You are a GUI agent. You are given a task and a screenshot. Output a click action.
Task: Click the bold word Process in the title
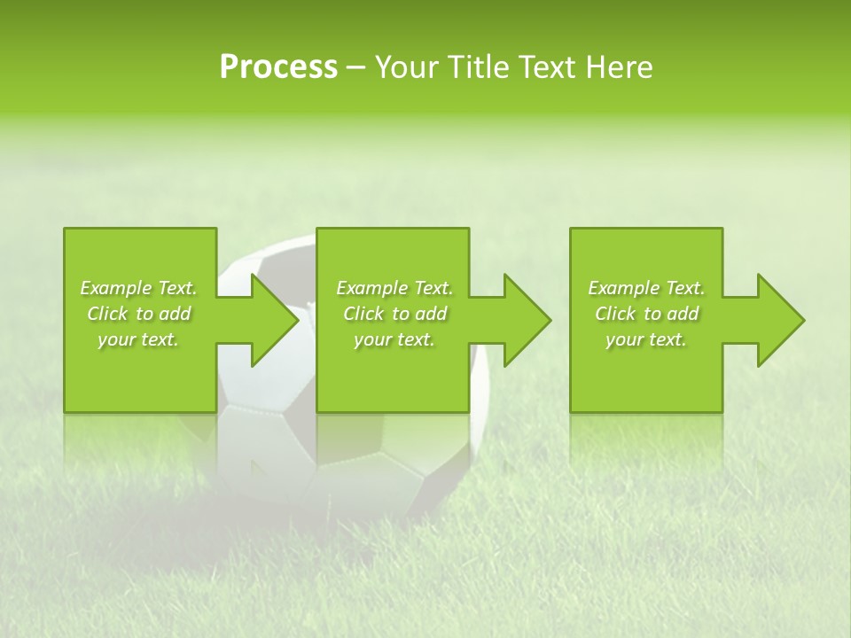(x=278, y=67)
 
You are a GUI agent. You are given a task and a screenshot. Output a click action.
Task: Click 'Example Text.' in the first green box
(x=139, y=288)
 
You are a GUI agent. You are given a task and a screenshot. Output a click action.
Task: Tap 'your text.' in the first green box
(x=139, y=339)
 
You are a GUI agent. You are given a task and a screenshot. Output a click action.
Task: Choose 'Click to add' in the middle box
(x=395, y=314)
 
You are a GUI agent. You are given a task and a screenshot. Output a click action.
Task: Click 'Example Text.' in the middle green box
(x=395, y=288)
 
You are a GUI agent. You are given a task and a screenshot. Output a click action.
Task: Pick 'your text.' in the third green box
(x=646, y=339)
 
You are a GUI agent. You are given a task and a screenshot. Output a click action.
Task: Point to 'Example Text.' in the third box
(x=646, y=288)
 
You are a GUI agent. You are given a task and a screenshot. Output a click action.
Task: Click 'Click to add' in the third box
(x=646, y=314)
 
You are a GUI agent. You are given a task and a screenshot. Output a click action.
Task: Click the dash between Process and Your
(x=356, y=68)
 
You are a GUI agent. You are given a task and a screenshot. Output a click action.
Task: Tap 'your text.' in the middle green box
(x=395, y=339)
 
